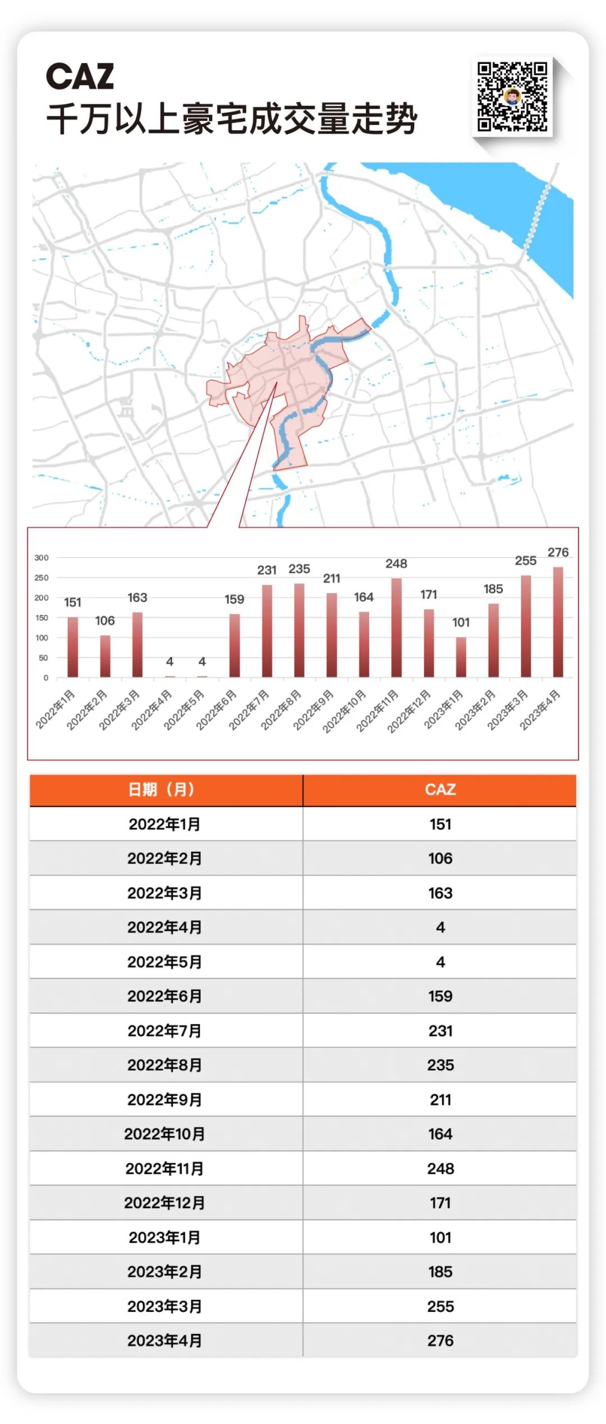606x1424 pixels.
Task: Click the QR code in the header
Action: point(512,97)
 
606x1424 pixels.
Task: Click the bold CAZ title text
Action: point(80,76)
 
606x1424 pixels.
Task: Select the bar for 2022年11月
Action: point(396,627)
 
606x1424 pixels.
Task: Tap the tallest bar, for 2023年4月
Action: point(558,622)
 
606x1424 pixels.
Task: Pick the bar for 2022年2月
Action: point(105,656)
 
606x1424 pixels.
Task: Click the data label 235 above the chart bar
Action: point(299,569)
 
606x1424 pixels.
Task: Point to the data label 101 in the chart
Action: point(461,622)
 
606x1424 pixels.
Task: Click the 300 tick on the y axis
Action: point(42,558)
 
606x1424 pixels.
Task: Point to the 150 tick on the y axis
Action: point(42,618)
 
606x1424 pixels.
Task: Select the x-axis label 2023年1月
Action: point(443,710)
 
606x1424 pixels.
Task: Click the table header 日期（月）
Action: point(162,789)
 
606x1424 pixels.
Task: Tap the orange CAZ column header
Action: point(440,789)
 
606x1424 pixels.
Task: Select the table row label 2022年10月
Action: point(164,1134)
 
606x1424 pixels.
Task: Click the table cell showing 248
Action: point(440,1169)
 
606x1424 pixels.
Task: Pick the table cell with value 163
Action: point(440,893)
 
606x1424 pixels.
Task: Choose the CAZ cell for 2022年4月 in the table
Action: point(440,927)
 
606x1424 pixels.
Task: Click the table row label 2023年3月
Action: point(164,1307)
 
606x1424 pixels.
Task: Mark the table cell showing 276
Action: point(440,1341)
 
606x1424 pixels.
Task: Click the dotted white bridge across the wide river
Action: point(537,215)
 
